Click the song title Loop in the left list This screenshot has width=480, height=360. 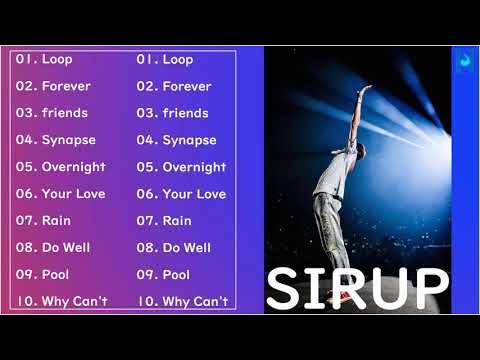point(57,60)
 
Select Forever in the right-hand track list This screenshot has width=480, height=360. point(187,87)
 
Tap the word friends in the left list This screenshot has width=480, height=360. point(65,113)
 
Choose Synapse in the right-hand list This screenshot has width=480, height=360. point(190,140)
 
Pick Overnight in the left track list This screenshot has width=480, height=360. point(74,167)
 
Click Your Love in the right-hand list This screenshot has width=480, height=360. point(194,194)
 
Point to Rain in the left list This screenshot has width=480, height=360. point(56,220)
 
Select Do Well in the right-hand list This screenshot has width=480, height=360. point(186,247)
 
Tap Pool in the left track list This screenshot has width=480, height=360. point(56,274)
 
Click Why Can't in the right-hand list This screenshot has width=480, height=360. point(195,300)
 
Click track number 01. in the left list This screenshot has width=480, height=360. point(25,60)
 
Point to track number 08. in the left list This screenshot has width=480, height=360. point(25,247)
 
